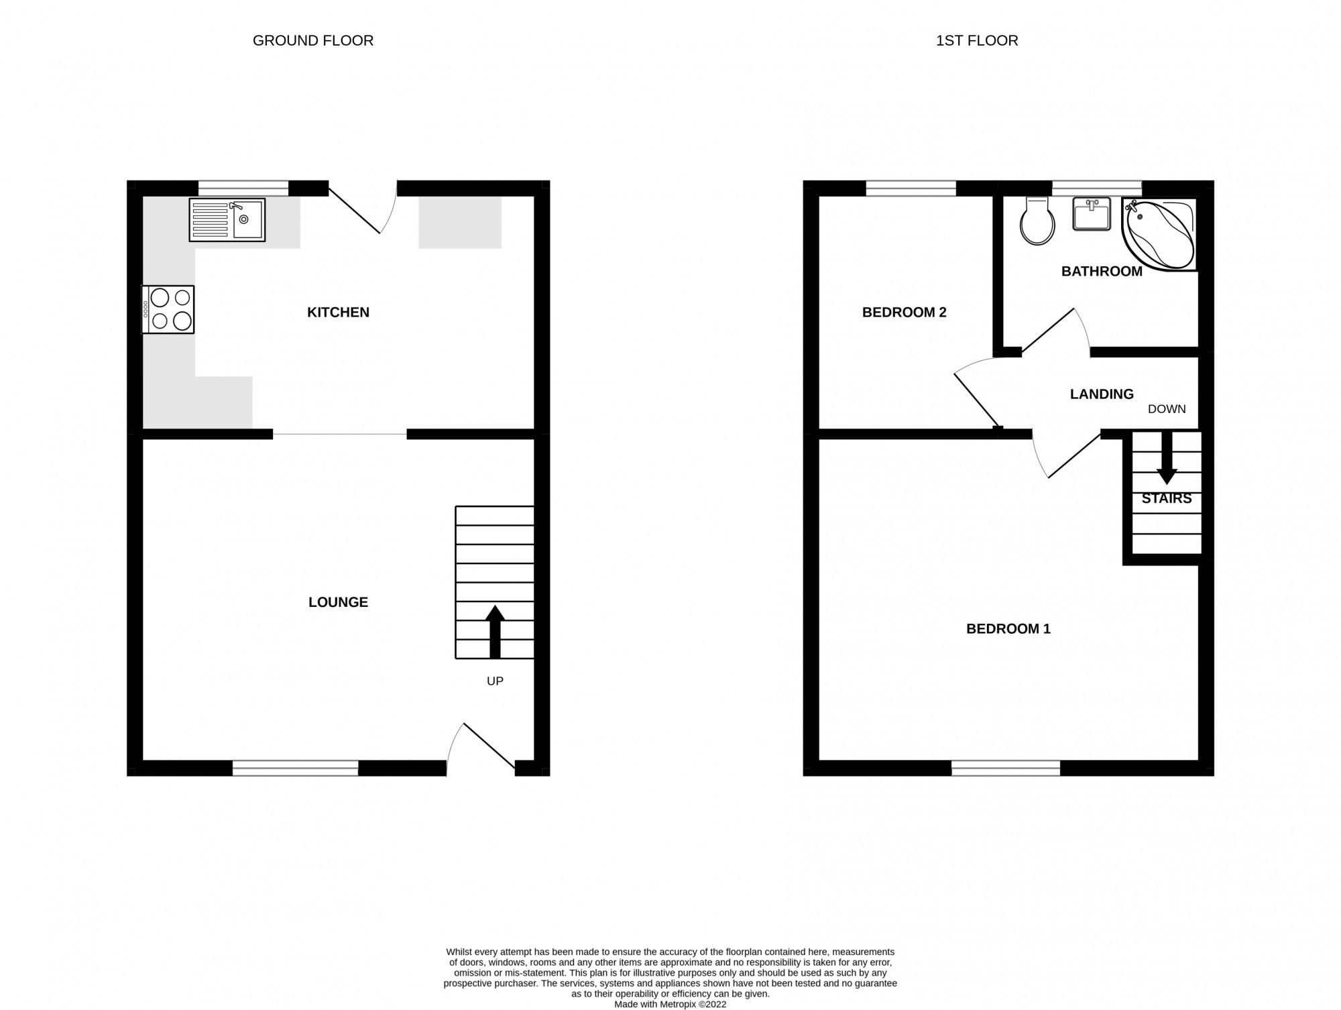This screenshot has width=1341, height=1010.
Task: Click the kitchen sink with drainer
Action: pos(227,219)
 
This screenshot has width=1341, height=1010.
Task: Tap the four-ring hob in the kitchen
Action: pos(168,309)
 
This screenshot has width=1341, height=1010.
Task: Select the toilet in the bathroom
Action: pos(1037,222)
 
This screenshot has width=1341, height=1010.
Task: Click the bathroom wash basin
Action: pos(1092,214)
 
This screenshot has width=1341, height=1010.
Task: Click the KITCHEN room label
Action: pos(338,312)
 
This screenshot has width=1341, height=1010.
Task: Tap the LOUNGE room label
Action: pos(338,602)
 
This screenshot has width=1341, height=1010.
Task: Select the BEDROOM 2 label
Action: pos(904,312)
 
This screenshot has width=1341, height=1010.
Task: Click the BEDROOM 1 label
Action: pos(1008,628)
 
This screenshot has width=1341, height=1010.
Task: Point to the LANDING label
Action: pos(1102,394)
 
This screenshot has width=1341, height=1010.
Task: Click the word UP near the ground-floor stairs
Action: pos(495,681)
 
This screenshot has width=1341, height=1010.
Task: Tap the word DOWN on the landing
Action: pos(1167,409)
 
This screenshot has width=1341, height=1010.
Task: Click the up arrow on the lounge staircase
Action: pos(495,631)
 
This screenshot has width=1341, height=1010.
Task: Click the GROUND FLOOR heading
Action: pos(312,40)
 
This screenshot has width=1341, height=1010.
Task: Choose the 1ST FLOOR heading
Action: pos(977,40)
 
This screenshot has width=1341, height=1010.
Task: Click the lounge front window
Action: pos(295,768)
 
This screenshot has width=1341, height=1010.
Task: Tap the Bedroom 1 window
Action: pos(1006,768)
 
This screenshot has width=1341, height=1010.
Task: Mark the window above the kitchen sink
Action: pos(243,188)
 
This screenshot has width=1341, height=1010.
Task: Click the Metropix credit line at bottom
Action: pos(670,1004)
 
